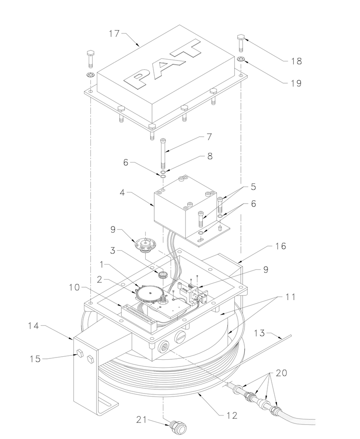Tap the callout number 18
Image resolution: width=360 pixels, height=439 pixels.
(296, 61)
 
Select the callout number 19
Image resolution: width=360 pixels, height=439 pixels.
(296, 83)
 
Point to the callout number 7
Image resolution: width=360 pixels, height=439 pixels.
(209, 137)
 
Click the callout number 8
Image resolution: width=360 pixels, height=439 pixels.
(210, 156)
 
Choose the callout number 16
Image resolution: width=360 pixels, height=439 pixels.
(280, 246)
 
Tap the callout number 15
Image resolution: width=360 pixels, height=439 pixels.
(35, 358)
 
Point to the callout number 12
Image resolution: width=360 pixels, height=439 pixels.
(232, 415)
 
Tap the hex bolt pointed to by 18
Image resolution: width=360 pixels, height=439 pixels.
(240, 42)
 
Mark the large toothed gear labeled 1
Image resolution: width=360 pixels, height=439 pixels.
(151, 294)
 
